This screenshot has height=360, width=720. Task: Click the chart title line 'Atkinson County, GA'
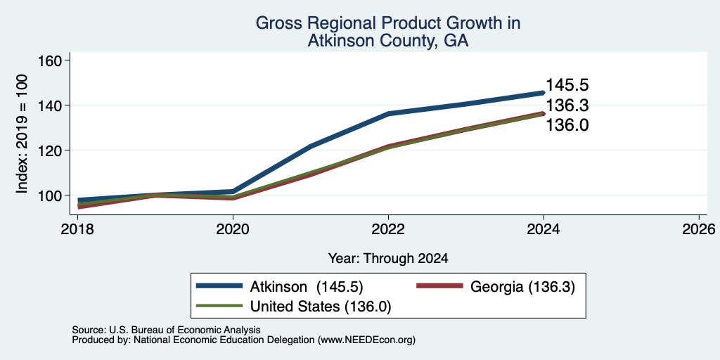388,41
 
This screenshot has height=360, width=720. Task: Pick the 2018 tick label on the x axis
77,229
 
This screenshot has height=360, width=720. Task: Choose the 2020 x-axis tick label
233,229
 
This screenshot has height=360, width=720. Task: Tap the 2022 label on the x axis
388,229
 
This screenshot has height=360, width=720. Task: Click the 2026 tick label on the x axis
699,229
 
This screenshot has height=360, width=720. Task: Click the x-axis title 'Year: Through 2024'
388,259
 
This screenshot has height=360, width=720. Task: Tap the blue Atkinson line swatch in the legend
219,286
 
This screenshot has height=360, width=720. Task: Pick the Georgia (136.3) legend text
522,287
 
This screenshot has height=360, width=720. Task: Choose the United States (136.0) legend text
321,307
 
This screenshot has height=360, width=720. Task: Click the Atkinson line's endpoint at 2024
544,93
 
